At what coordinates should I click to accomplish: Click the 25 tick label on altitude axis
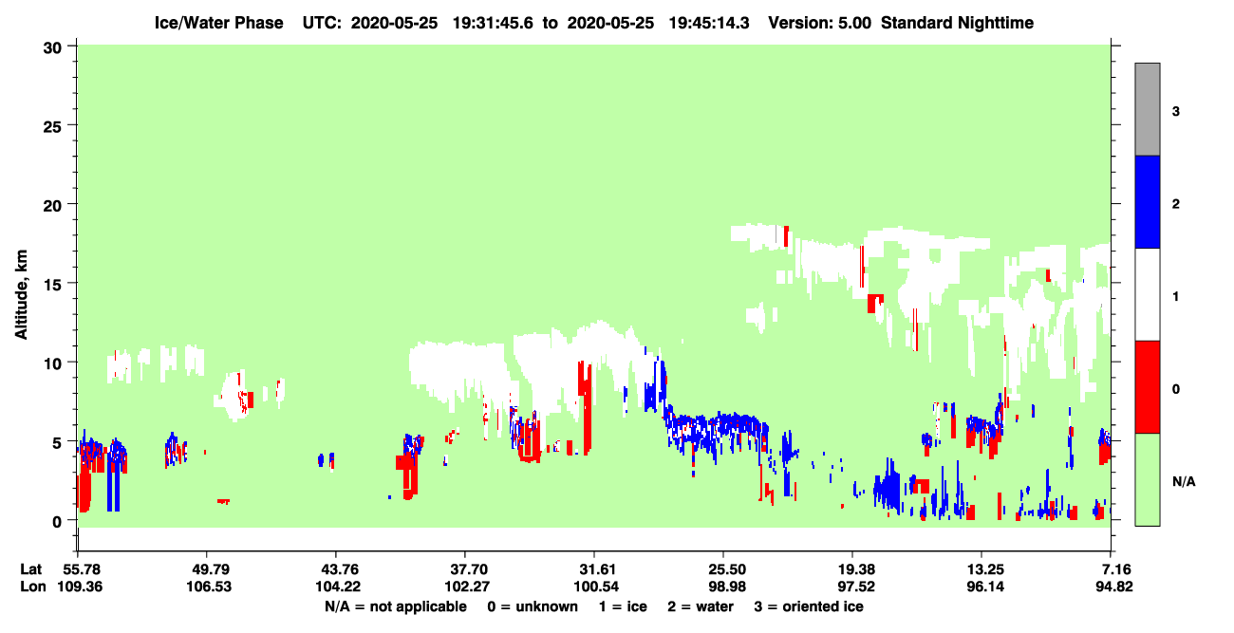(x=52, y=127)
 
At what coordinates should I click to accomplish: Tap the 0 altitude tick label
(x=57, y=522)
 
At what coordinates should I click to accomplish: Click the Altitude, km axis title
(x=21, y=295)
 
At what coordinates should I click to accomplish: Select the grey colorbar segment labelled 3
(x=1147, y=109)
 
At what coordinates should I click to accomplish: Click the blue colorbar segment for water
(x=1147, y=201)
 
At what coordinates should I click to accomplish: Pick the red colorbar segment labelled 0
(x=1147, y=387)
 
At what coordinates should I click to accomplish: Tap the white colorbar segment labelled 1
(x=1147, y=294)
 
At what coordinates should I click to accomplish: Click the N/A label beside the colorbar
(x=1184, y=482)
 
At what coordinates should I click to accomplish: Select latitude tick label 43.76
(x=336, y=569)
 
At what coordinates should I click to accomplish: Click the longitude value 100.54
(x=595, y=586)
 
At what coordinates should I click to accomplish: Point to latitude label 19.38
(x=852, y=569)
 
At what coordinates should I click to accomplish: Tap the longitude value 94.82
(x=1113, y=586)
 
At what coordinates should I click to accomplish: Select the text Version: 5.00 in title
(x=820, y=23)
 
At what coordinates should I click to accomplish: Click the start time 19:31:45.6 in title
(x=493, y=23)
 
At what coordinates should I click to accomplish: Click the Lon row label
(x=33, y=586)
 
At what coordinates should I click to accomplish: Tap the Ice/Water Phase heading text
(x=218, y=23)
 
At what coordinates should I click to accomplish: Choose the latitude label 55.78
(x=78, y=569)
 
